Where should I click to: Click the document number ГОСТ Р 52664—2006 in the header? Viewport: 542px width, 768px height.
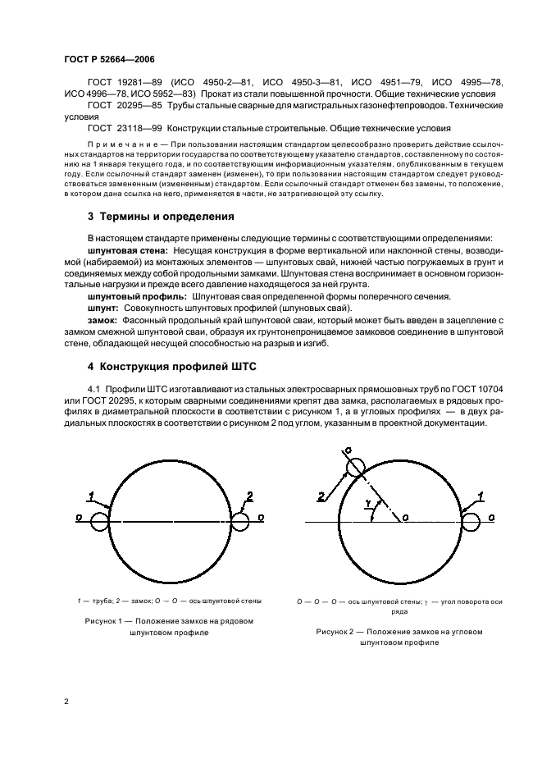tap(108, 60)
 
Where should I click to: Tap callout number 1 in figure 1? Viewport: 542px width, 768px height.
tap(91, 495)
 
